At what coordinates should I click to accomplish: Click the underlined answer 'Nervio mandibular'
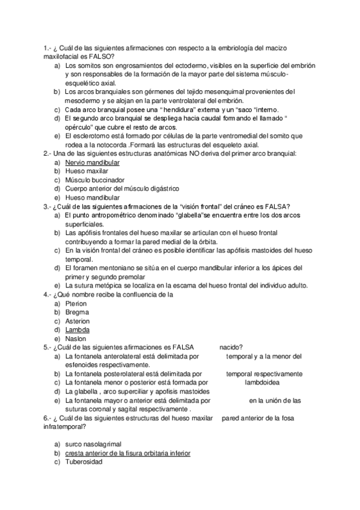[x=92, y=162]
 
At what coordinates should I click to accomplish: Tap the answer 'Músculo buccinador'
[x=94, y=180]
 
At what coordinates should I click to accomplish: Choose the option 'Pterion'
[x=76, y=304]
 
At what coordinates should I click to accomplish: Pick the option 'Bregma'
[x=76, y=312]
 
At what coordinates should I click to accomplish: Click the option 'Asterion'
[x=78, y=321]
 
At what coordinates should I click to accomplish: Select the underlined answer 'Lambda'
[x=78, y=330]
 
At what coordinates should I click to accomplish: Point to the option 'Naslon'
[x=76, y=339]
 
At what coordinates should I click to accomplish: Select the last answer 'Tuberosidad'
[x=84, y=461]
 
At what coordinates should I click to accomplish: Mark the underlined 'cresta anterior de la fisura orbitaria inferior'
[x=127, y=452]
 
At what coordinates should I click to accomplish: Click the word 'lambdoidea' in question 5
[x=263, y=382]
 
